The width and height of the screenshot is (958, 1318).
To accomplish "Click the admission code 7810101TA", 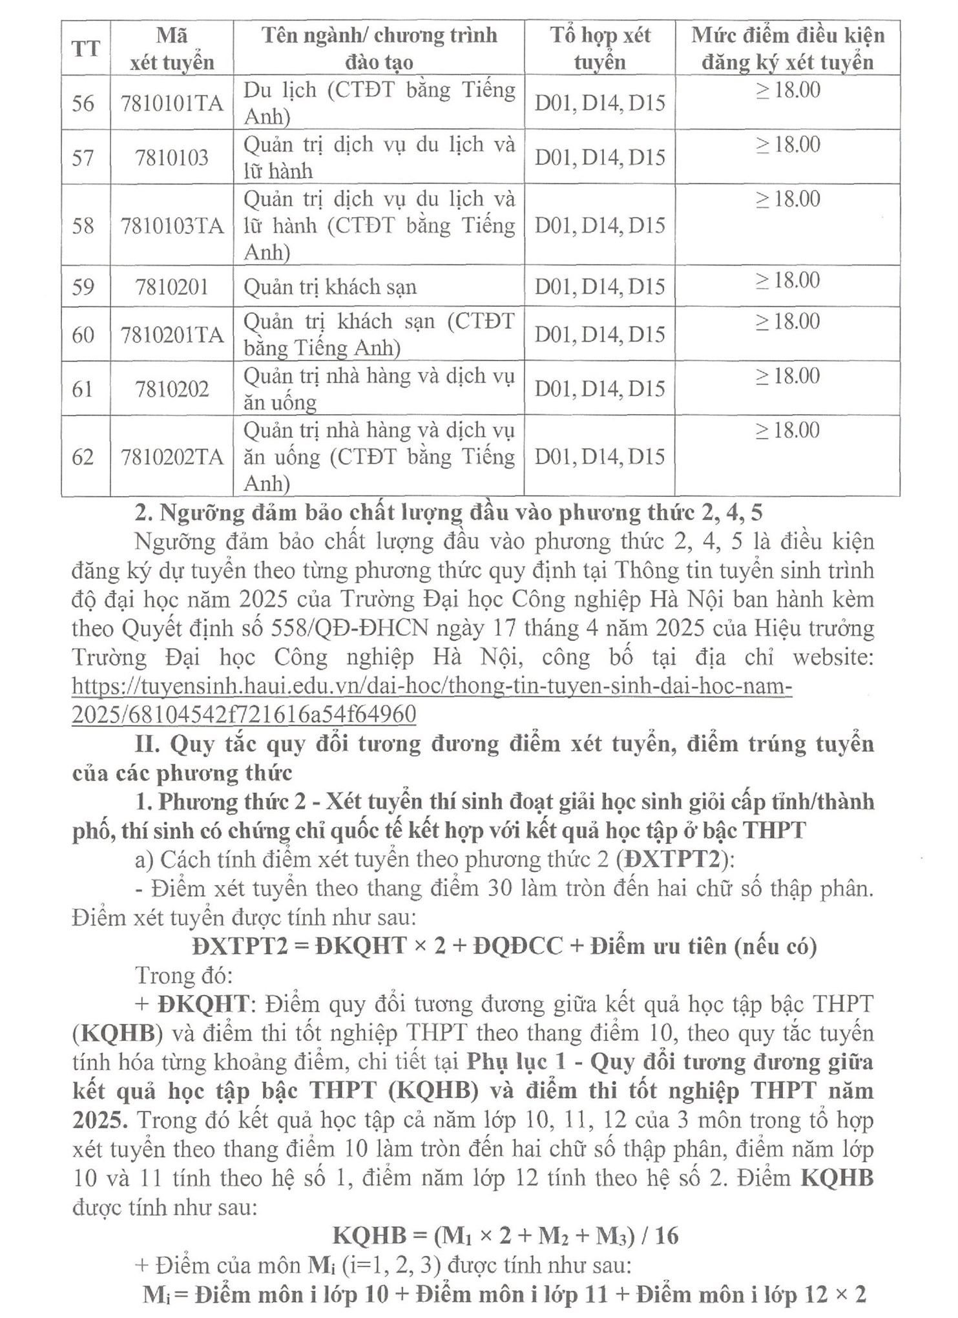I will pos(172,103).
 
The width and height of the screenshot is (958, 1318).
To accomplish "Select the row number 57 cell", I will pos(83,158).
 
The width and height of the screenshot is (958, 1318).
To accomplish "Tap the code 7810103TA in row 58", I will pos(172,225).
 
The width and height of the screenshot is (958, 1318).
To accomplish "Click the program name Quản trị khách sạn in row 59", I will pos(329,287).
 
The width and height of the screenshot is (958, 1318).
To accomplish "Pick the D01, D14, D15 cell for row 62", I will pos(599,457).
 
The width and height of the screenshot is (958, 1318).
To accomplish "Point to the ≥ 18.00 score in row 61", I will pos(787,376).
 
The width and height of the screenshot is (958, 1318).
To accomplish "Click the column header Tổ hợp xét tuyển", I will pos(599,48).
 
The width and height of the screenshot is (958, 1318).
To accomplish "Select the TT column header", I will pos(86,48).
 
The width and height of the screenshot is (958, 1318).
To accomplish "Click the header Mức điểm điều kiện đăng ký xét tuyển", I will pos(787,48).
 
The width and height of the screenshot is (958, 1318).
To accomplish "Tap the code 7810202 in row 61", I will pos(172,389).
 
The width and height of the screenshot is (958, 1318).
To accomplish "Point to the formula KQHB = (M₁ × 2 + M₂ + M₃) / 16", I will pos(505,1235).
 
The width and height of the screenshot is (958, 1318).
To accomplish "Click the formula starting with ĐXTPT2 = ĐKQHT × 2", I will pos(504,946).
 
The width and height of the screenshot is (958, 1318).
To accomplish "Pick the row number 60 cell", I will pos(83,335).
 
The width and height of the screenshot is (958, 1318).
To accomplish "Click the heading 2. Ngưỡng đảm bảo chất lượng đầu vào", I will pos(448,512).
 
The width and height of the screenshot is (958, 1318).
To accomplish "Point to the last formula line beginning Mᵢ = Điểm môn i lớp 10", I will pos(504,1294).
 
